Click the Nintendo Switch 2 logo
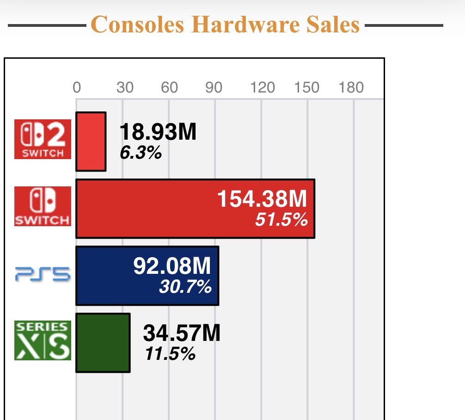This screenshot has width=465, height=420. (43, 139)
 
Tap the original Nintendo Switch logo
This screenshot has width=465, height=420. (43, 206)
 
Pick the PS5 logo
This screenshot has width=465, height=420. (43, 276)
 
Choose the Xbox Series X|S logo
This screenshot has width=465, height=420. (43, 340)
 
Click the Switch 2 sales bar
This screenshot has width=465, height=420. (91, 142)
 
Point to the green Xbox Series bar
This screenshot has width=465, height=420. (103, 343)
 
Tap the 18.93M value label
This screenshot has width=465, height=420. (158, 133)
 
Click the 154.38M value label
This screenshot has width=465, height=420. (262, 200)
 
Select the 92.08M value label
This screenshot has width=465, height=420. (172, 266)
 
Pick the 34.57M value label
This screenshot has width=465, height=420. (182, 334)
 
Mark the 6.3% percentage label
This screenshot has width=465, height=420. (141, 153)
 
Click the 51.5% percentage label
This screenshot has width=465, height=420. (281, 220)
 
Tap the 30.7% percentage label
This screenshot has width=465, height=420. (185, 287)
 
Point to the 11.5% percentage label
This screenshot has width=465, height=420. (170, 354)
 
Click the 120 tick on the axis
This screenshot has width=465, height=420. (263, 87)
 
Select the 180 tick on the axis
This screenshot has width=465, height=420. (351, 87)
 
